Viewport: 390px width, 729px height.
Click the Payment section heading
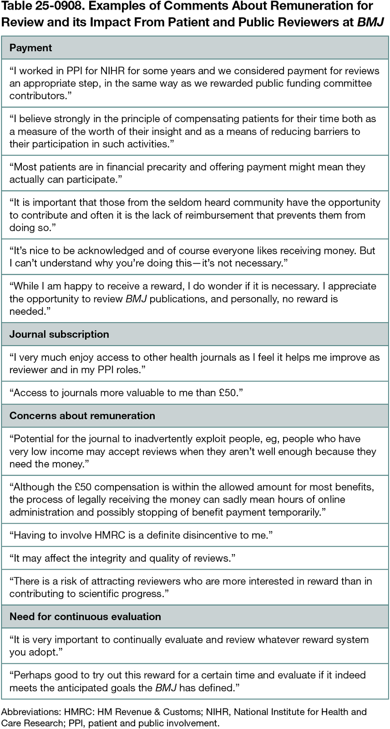point(30,48)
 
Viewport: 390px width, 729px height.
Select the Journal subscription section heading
point(59,334)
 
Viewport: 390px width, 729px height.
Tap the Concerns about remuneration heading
point(82,416)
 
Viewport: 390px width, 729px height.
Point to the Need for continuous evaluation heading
point(85,616)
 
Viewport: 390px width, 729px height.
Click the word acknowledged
point(105,251)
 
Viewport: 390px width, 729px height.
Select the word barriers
point(329,131)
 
